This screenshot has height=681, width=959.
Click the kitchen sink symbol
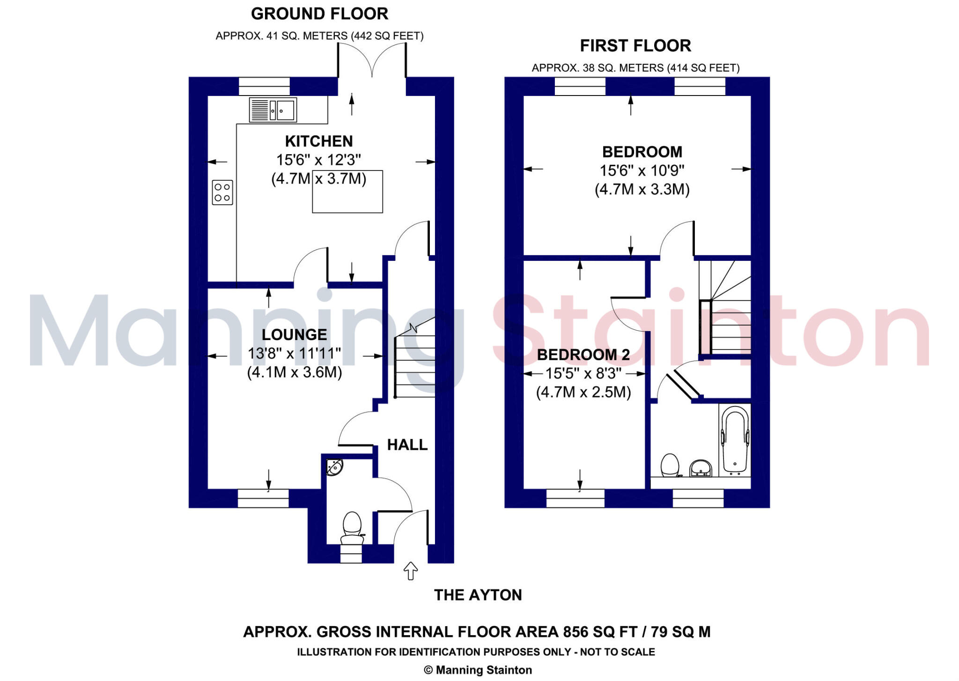pyautogui.click(x=273, y=110)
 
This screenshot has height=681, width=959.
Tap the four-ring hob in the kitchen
pyautogui.click(x=222, y=192)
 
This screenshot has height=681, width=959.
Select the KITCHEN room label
pyautogui.click(x=319, y=141)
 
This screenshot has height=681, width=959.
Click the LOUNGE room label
pyautogui.click(x=294, y=334)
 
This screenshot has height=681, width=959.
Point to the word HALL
pyautogui.click(x=407, y=444)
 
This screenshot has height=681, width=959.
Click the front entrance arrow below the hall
pyautogui.click(x=411, y=570)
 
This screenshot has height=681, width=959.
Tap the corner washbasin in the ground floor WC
pyautogui.click(x=334, y=467)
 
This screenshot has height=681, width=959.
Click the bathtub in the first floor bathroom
pyautogui.click(x=734, y=439)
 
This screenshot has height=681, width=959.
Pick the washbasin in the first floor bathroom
pyautogui.click(x=701, y=468)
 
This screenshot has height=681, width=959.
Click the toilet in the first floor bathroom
pyautogui.click(x=670, y=465)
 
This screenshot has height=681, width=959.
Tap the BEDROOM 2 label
pyautogui.click(x=583, y=355)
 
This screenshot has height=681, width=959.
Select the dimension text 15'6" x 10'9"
pyautogui.click(x=642, y=170)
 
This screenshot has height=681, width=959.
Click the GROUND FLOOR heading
pyautogui.click(x=319, y=14)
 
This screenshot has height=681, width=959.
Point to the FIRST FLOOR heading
pyautogui.click(x=635, y=45)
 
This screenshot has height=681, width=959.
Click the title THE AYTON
pyautogui.click(x=478, y=595)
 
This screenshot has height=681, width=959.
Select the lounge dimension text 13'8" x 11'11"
pyautogui.click(x=294, y=353)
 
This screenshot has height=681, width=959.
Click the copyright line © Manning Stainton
pyautogui.click(x=478, y=670)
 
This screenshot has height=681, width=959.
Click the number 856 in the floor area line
pyautogui.click(x=575, y=632)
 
